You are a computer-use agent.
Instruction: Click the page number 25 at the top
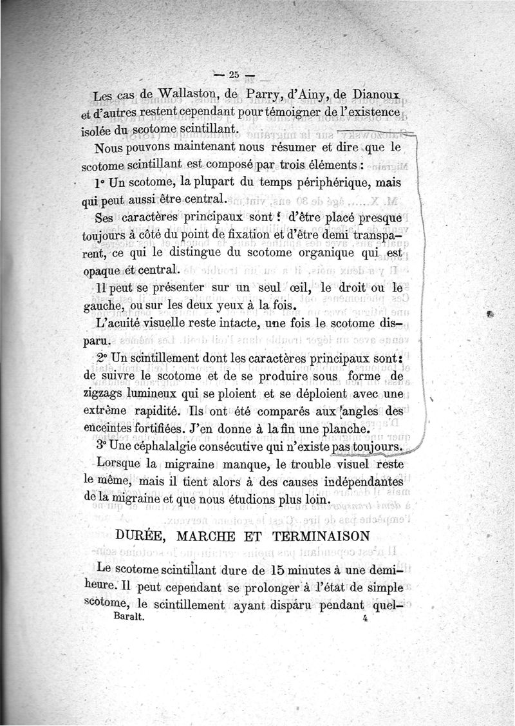pyautogui.click(x=230, y=73)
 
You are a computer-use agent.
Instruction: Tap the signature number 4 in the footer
pyautogui.click(x=364, y=617)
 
